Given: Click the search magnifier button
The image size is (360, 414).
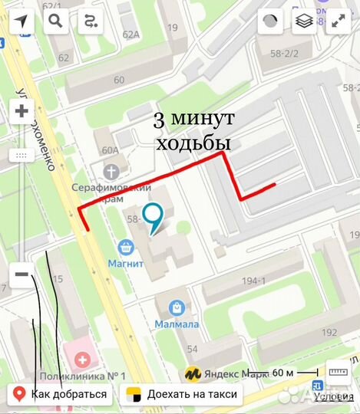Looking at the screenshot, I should pos(55,21).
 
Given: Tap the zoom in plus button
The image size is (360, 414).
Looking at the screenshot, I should pos(21,112).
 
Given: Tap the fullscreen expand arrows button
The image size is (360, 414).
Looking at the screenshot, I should pos(339,21).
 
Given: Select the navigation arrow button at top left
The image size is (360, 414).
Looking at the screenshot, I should pos(21,21).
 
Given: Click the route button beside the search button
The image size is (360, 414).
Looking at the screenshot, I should pos(91,21).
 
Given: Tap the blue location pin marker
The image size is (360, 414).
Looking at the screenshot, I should pos(154,217).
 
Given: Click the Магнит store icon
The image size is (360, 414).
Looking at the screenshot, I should pos(124,248).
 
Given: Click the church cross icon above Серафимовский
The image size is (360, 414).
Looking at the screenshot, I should pos(112,169).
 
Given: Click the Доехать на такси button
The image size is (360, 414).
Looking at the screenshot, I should pos(183,395).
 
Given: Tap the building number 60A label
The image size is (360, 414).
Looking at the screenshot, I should pos(101,150).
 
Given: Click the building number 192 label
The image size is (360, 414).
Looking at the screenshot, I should pos(329,332).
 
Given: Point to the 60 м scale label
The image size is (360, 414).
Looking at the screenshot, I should pos(283,373).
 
